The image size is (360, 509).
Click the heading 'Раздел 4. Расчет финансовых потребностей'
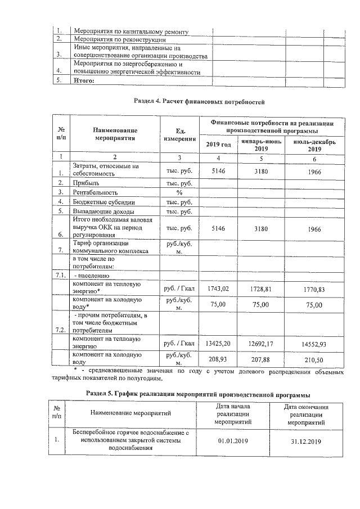pyautogui.click(x=198, y=102)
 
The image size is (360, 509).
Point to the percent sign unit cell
pyautogui.click(x=179, y=193)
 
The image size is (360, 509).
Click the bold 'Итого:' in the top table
pyautogui.click(x=84, y=80)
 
